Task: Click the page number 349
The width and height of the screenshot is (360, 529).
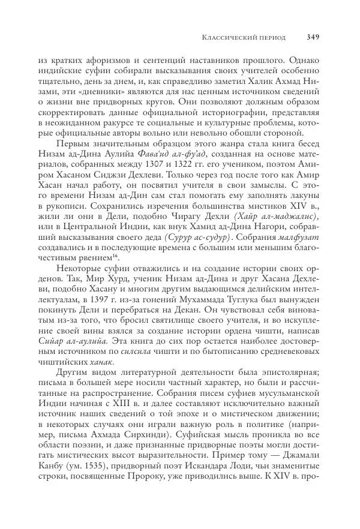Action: coord(312,37)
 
